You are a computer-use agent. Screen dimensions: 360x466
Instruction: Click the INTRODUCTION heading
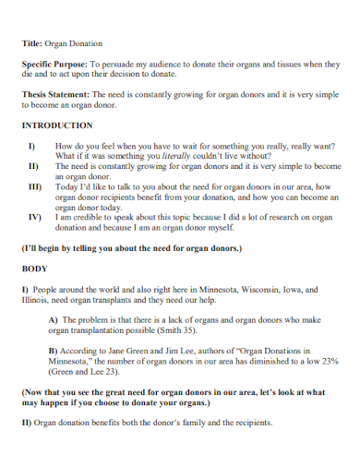coord(57,125)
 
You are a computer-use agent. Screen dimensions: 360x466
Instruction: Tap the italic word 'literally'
coord(175,157)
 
